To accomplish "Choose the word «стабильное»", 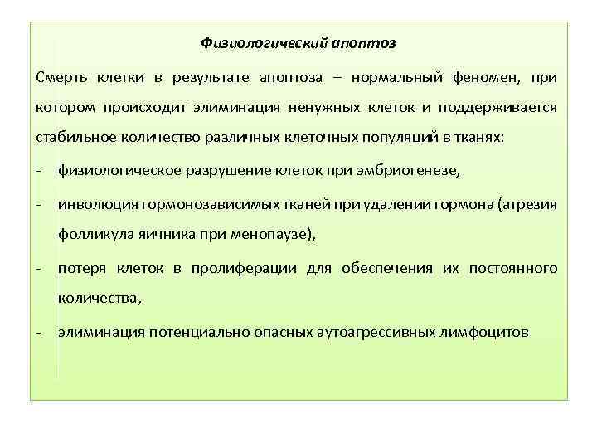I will pos(73,139).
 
